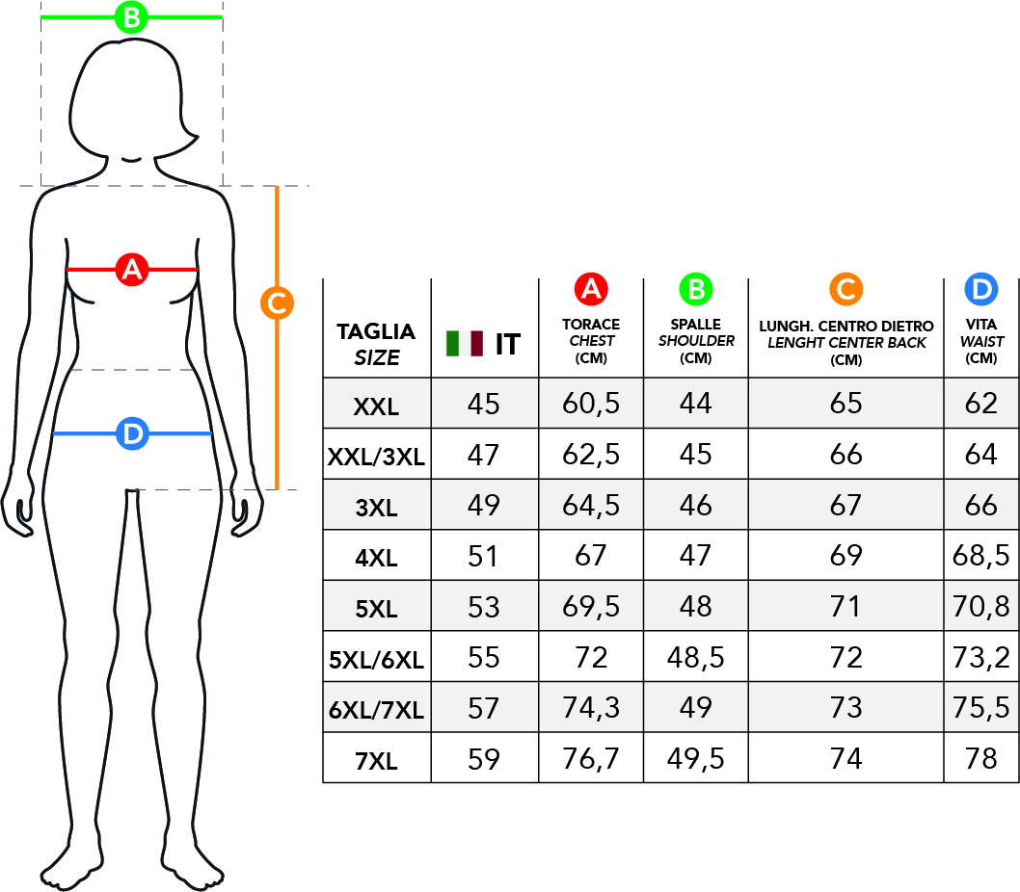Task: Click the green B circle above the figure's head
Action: click(131, 17)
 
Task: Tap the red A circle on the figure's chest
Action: click(132, 269)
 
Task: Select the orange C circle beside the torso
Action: click(277, 303)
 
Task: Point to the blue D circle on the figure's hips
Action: click(133, 433)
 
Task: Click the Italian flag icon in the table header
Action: click(465, 343)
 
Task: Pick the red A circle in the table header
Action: click(591, 289)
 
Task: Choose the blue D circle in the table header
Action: click(981, 289)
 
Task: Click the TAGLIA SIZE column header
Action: click(376, 344)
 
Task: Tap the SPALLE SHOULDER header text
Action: click(696, 332)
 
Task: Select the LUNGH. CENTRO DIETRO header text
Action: click(846, 326)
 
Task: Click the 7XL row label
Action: click(376, 760)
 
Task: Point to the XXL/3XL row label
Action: click(376, 457)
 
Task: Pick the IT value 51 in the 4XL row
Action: click(483, 556)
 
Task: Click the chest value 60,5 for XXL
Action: click(591, 404)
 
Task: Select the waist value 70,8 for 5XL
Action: click(981, 607)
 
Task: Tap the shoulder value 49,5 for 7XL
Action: click(695, 759)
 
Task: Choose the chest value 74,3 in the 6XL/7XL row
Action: click(591, 708)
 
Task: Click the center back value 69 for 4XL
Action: click(846, 556)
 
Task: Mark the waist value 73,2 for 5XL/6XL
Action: click(981, 657)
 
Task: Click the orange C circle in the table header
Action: click(846, 289)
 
